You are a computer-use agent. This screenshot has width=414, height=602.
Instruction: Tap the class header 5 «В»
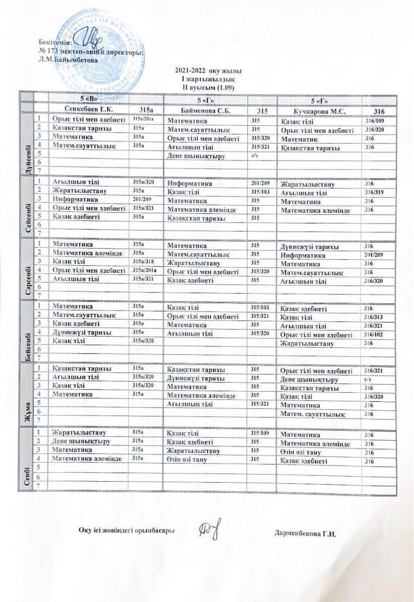point(88,99)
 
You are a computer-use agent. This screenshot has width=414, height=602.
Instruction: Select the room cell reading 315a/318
point(141,261)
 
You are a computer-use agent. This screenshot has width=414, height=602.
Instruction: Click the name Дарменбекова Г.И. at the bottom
point(305,533)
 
